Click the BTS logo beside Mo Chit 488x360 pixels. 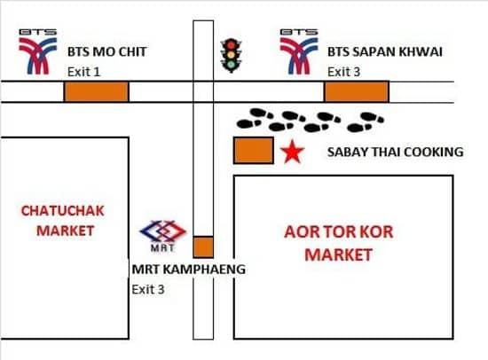tap(38, 51)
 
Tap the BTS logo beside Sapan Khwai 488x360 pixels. tap(299, 51)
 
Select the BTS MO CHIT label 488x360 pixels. tap(107, 51)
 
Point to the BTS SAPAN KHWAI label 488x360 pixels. tap(385, 51)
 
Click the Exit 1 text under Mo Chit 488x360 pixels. tap(83, 72)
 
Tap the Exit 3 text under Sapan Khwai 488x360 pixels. tap(343, 72)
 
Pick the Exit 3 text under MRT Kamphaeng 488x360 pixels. tap(148, 289)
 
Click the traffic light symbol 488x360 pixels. tap(231, 56)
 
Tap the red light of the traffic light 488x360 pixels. tap(231, 45)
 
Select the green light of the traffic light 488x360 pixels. tap(231, 65)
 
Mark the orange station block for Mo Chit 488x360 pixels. tap(97, 91)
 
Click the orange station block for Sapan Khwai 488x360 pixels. tap(357, 91)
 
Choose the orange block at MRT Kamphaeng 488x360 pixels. tap(203, 247)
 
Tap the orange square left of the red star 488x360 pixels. tap(254, 150)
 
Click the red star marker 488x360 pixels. tap(292, 152)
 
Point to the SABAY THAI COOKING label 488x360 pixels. tap(395, 152)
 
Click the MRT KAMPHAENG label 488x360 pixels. tap(189, 270)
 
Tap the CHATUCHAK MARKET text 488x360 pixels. tap(63, 221)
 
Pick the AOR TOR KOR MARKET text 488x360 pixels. tap(339, 243)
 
